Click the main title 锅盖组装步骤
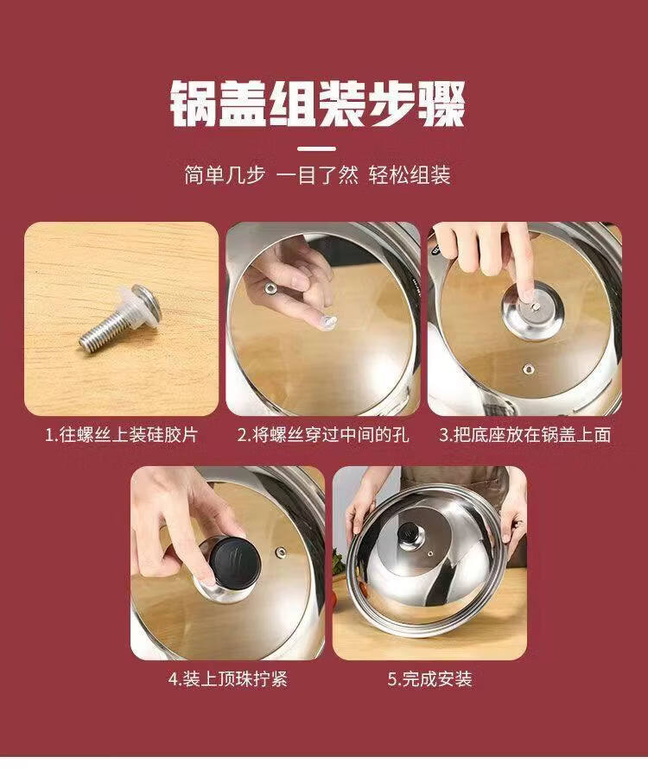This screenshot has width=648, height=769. click(318, 104)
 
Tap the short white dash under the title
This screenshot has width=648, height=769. click(317, 148)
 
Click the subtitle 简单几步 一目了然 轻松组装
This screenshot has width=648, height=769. click(317, 175)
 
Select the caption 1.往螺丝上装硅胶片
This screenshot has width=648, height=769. click(121, 434)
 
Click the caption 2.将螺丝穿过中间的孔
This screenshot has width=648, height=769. click(323, 434)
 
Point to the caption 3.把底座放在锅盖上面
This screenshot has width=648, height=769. click(524, 434)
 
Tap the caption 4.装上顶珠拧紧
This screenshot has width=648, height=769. click(228, 679)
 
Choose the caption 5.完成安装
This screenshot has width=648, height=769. click(429, 679)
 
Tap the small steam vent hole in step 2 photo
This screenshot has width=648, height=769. click(270, 288)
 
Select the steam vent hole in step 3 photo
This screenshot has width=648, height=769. click(528, 369)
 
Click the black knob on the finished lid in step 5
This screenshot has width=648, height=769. click(407, 533)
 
